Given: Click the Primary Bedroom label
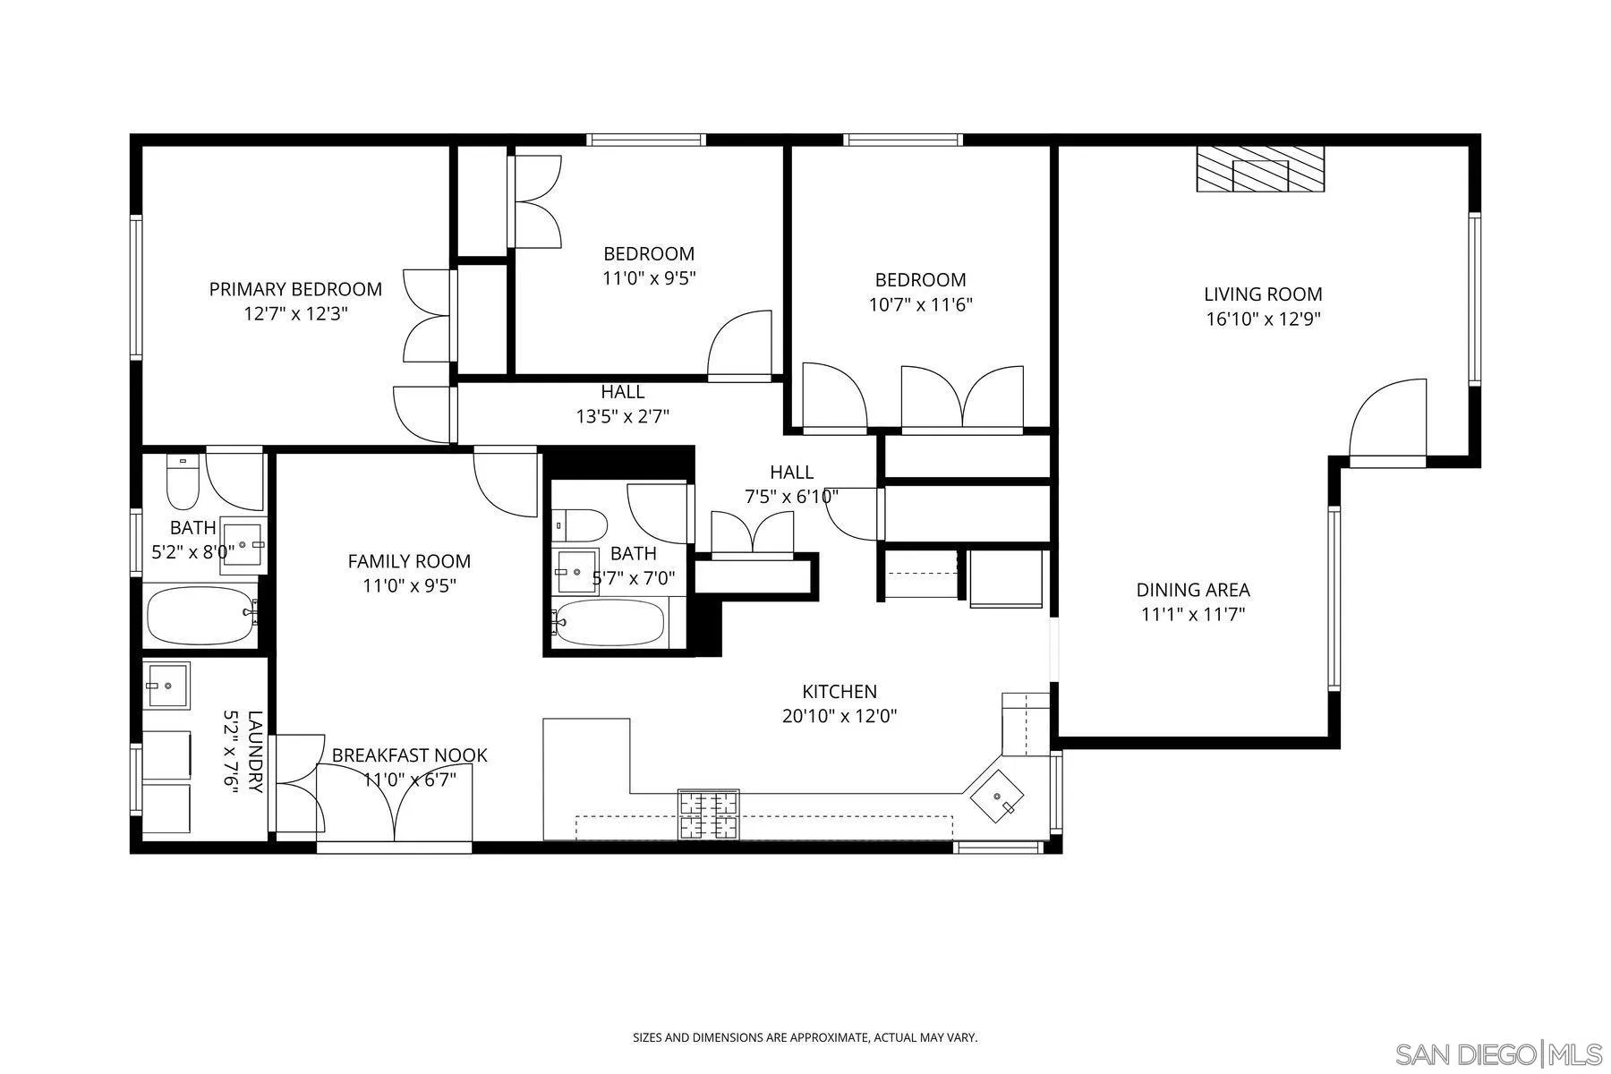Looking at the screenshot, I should click(295, 289).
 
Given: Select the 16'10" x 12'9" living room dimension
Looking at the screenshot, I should click(1263, 320).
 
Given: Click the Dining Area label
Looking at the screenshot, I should click(1193, 590).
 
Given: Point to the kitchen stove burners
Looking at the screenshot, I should click(710, 815).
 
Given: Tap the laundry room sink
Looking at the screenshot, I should click(167, 686).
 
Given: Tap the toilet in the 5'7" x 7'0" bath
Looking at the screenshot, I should click(580, 526).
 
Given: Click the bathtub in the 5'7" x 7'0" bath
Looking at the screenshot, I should click(610, 621).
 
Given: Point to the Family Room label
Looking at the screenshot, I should click(409, 561).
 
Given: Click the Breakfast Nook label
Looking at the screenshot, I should click(409, 755).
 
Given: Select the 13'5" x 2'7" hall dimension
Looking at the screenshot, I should click(623, 416).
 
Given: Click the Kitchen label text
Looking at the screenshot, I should click(839, 692).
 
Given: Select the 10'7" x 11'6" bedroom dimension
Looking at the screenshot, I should click(920, 304).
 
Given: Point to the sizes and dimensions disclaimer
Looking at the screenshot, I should click(805, 1038).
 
